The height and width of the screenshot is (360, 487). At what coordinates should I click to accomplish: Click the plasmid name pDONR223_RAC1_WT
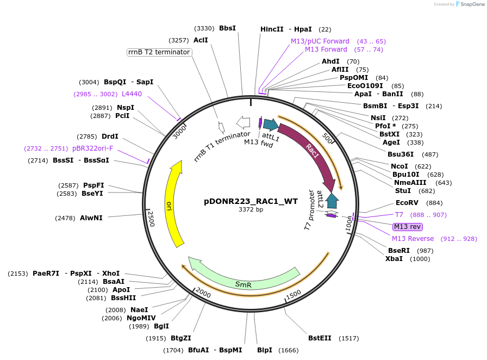point(251,201)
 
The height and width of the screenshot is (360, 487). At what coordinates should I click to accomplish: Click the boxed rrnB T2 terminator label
point(159,52)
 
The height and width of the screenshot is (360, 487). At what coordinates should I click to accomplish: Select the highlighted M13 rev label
point(408,227)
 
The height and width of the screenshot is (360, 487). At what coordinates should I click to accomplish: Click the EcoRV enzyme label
point(407,203)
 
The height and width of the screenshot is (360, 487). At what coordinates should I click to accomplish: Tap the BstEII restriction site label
point(320,338)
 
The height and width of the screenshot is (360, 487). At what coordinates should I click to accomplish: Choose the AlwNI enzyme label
point(91,218)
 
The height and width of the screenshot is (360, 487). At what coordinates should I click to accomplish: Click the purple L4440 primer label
point(132,94)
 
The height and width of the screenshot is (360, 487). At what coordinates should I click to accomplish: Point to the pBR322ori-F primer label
point(93,148)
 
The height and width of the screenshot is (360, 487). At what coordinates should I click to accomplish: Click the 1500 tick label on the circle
point(293,294)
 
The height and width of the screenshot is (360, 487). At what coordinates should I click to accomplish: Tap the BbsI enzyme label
point(227,28)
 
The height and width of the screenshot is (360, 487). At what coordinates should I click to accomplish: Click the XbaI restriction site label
point(394,259)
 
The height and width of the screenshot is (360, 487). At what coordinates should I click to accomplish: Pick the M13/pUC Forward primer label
point(320,41)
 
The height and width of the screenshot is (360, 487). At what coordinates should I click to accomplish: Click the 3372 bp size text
point(251,209)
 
